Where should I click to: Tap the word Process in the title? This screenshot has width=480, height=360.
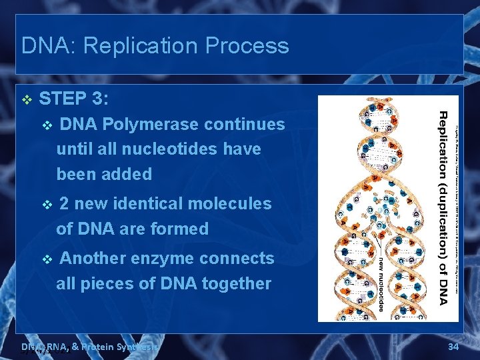248,46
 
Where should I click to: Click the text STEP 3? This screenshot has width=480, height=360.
74,99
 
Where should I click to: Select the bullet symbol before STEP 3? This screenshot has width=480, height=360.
27,100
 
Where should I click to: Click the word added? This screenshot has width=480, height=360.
129,175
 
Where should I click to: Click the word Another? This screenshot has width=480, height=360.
93,258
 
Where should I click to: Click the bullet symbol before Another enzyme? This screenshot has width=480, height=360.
46,259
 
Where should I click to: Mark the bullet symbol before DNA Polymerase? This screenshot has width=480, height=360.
46,125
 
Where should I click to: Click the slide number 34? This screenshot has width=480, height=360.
453,346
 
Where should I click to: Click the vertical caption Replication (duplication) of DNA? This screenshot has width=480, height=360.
443,207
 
